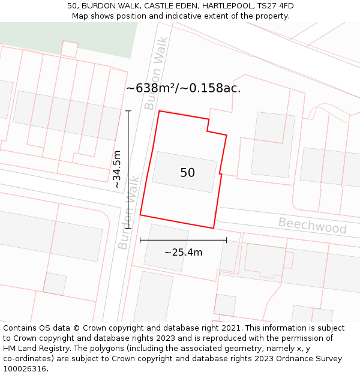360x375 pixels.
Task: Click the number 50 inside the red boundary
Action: pyautogui.click(x=187, y=173)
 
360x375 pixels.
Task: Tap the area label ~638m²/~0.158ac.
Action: pyautogui.click(x=183, y=88)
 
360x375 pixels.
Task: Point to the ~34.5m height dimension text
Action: pyautogui.click(x=117, y=169)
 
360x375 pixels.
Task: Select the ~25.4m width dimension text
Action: pyautogui.click(x=183, y=252)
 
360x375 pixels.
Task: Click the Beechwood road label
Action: pyautogui.click(x=312, y=226)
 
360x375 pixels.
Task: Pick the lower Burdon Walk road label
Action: pyautogui.click(x=128, y=213)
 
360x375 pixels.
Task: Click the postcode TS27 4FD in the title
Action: pyautogui.click(x=274, y=6)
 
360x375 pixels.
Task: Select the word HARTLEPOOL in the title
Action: pyautogui.click(x=226, y=6)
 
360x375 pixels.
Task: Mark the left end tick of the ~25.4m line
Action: pyautogui.click(x=140, y=240)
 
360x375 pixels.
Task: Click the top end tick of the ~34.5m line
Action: pyautogui.click(x=128, y=111)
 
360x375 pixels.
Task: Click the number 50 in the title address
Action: pyautogui.click(x=73, y=6)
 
